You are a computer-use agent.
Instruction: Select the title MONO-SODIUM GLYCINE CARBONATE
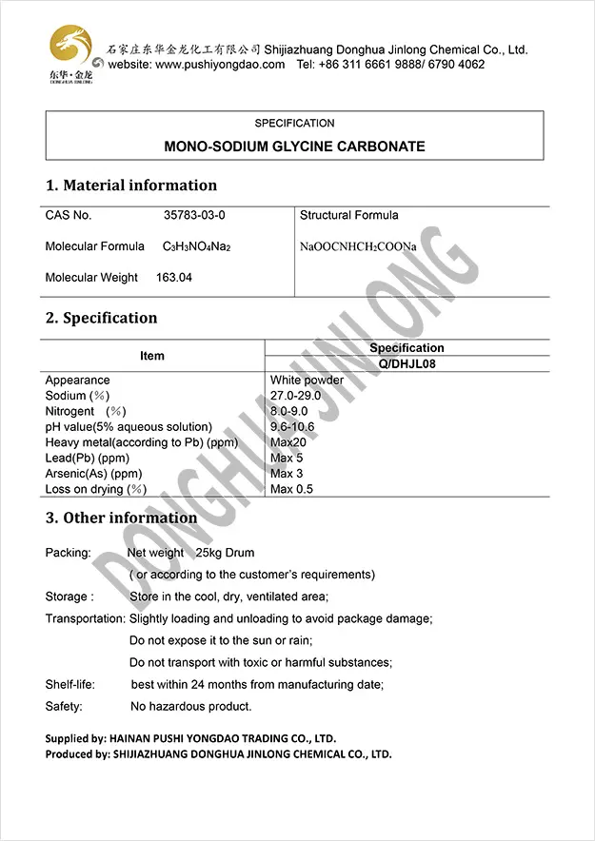coord(294,147)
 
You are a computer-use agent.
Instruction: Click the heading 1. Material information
coord(131,186)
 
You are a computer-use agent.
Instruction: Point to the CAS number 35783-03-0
coord(194,216)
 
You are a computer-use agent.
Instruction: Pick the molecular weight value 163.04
coord(174,278)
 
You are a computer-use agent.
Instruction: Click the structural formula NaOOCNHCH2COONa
coord(358,247)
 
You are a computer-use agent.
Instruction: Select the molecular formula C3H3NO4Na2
coord(197,247)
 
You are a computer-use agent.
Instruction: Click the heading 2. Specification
coord(102,318)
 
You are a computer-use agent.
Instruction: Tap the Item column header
coord(152,356)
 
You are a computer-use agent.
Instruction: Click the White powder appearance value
coord(307,381)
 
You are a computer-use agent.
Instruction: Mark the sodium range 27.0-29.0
coord(295,396)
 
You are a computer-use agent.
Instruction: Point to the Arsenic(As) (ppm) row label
coord(93,474)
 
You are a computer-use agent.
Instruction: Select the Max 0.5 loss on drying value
coord(291,489)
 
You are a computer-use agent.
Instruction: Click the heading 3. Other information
coord(121,518)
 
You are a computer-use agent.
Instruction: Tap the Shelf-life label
coord(70,685)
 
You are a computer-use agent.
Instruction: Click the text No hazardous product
coord(190,707)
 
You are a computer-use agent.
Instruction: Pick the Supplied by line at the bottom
coord(190,738)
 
